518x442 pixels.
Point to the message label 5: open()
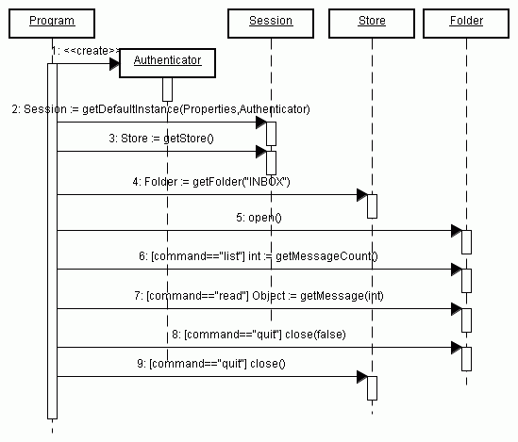point(259,218)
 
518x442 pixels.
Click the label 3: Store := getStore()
point(161,139)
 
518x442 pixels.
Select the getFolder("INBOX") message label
point(211,182)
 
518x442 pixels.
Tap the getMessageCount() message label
point(259,256)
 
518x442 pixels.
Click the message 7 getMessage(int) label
point(259,296)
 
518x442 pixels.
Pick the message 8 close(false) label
point(259,335)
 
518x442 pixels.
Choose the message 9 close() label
point(211,364)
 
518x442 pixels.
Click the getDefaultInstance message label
point(161,109)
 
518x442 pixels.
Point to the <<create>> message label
point(86,51)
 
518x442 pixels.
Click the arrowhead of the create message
point(114,64)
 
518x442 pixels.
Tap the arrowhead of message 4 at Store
point(362,195)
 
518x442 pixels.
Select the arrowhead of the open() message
point(457,231)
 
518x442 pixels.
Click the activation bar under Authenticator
point(168,90)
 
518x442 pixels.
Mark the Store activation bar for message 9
point(372,388)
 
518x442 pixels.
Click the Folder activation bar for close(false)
point(466,359)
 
